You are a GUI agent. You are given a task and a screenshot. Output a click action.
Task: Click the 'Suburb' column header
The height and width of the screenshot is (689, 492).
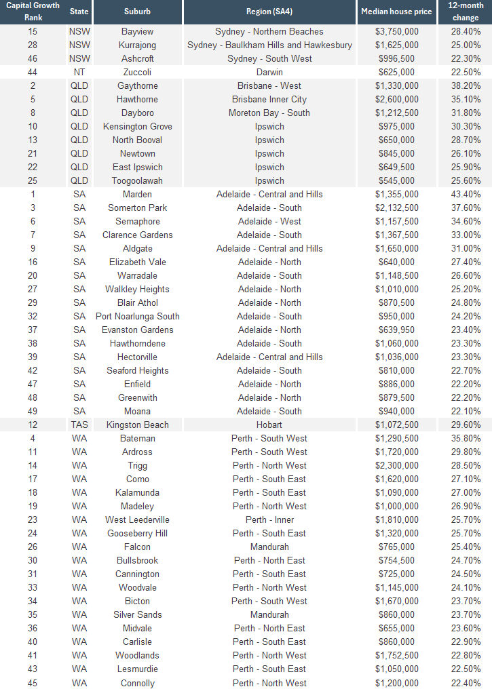coord(137,12)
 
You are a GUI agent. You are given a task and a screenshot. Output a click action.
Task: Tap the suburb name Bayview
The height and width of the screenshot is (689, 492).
coord(137,32)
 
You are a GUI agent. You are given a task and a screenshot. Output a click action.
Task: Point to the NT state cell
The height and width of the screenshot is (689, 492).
coord(79,73)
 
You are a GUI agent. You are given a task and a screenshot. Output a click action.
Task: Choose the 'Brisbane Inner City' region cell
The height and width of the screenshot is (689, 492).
coord(269,100)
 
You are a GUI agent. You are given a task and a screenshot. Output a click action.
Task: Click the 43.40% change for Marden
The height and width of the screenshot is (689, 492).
coord(466,195)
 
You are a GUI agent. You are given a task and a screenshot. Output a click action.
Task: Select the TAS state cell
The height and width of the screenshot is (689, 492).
coord(79,425)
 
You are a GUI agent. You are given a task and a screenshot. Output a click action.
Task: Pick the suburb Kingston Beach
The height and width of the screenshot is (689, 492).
coord(137,425)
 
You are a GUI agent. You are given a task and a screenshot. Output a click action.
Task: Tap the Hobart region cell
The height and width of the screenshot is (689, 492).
coord(269,425)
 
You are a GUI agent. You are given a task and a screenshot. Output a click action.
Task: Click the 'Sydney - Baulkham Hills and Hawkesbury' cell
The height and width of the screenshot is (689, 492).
coord(269,45)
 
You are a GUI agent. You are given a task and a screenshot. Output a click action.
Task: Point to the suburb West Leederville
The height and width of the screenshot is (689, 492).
coord(137,520)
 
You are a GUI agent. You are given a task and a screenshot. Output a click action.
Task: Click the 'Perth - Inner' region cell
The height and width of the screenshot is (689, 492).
coord(269,520)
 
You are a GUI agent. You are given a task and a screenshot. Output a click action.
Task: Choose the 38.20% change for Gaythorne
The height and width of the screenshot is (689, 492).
coord(466,86)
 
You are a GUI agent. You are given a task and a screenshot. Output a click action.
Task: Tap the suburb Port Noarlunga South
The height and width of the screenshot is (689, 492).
coord(137,317)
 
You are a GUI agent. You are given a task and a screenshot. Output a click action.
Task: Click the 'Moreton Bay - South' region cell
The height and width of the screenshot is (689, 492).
coord(269,113)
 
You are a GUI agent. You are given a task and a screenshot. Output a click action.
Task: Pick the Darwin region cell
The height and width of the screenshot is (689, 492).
coord(269,73)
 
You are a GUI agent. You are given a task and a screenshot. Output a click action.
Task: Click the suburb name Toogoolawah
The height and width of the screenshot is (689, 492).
coord(137,181)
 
